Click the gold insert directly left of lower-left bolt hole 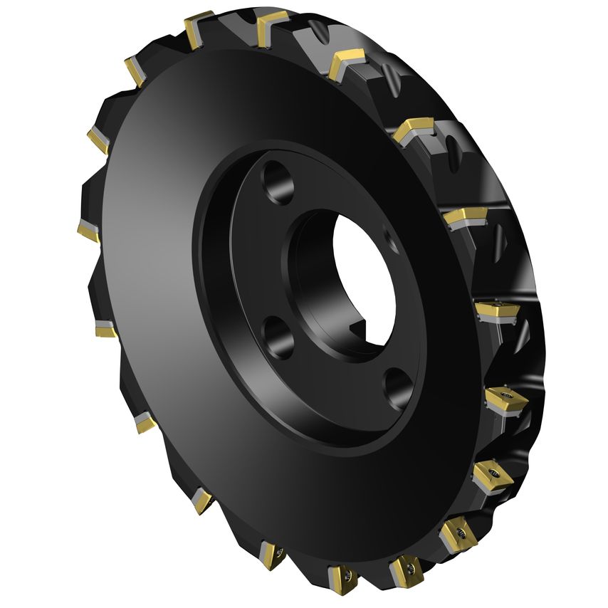(x=106, y=329)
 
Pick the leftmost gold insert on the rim (x=88, y=231)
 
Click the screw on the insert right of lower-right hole (x=506, y=397)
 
